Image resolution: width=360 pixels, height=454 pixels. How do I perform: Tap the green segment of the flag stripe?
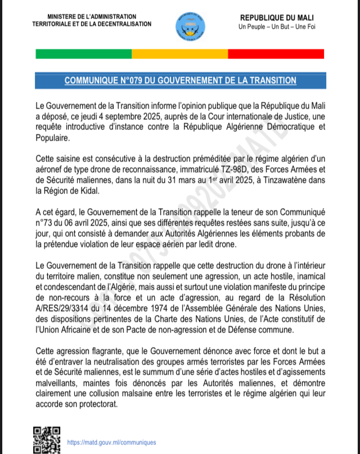(x=83, y=54)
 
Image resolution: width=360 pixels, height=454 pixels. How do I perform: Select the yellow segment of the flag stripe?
(x=179, y=54)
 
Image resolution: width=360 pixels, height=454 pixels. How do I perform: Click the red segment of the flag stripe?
(x=276, y=54)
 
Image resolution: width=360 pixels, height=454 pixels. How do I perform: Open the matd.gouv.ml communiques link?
(x=111, y=443)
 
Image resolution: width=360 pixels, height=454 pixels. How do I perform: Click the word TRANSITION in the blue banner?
(x=267, y=81)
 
